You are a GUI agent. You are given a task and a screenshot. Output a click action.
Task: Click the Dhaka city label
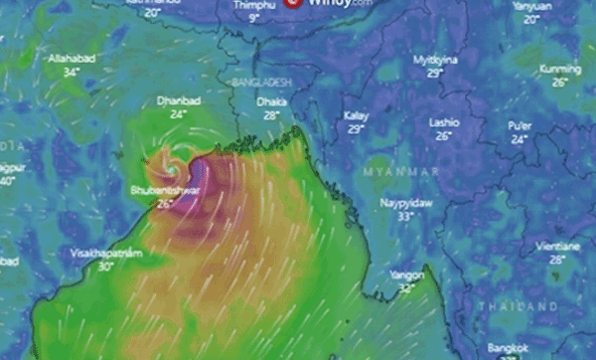pos(271,101)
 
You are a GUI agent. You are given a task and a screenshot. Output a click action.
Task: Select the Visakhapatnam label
pos(106,254)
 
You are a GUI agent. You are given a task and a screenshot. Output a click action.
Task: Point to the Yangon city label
pos(406,274)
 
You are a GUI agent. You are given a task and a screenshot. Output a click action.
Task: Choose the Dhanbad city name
pos(178,101)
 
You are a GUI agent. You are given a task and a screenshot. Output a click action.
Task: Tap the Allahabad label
pos(71,60)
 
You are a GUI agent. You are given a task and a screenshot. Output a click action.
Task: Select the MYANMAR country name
pos(400,172)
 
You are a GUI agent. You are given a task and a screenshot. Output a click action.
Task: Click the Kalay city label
pos(356,116)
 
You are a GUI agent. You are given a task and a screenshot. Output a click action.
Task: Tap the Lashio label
pos(443,122)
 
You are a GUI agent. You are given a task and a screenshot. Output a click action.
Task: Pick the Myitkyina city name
pos(435,61)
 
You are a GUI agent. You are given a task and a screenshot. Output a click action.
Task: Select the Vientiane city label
pos(556,245)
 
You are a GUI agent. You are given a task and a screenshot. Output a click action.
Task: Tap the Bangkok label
pos(507,348)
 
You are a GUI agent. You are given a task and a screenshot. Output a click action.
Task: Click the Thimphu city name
pos(254,5)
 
